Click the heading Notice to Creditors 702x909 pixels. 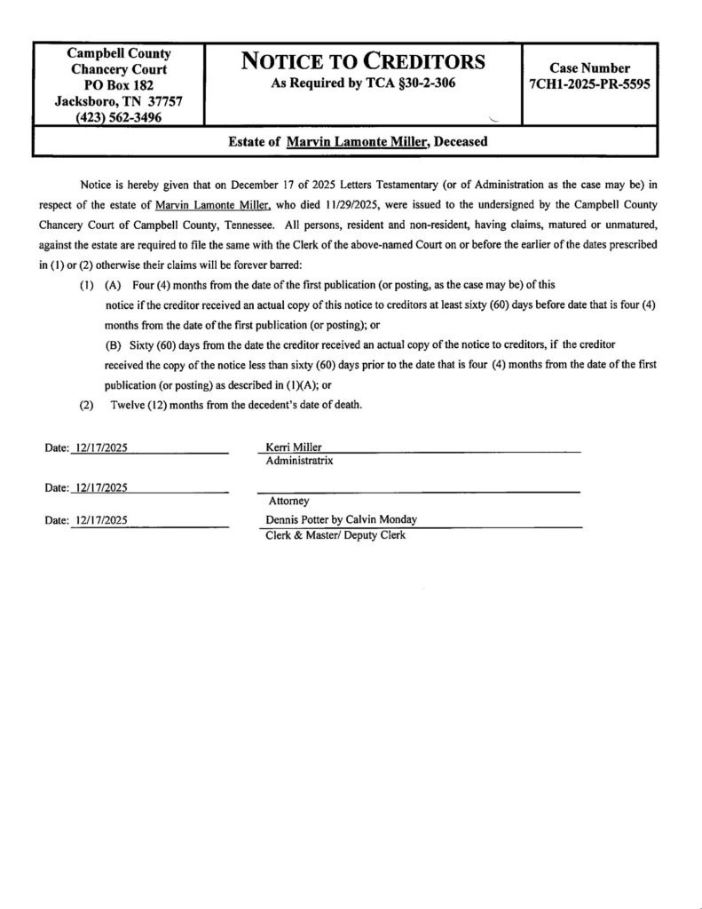click(364, 62)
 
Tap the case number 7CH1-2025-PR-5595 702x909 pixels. click(590, 84)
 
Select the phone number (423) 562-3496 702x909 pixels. click(119, 116)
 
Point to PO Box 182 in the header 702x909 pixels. click(119, 84)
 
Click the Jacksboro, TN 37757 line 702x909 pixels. click(119, 100)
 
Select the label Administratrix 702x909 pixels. click(300, 461)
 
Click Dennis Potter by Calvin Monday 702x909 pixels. click(341, 519)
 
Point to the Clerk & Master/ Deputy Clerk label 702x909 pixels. click(335, 534)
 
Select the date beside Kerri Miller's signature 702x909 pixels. click(102, 447)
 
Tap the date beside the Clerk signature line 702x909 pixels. click(102, 520)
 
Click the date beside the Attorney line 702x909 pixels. click(102, 487)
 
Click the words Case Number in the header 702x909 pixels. click(590, 68)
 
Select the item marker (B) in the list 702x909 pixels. click(113, 343)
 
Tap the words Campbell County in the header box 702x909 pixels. click(119, 53)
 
